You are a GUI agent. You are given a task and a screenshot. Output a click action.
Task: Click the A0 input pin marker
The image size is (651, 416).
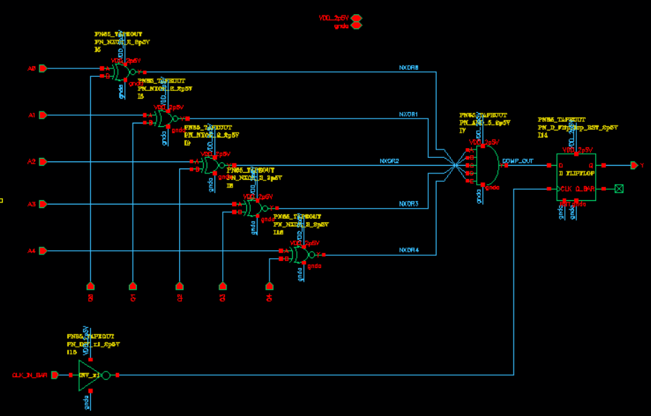(42, 68)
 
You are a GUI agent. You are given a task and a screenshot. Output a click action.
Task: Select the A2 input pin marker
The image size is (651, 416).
(42, 161)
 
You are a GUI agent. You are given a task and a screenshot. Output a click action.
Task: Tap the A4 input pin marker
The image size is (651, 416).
(42, 251)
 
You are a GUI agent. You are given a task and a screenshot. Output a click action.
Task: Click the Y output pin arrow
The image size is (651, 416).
(635, 165)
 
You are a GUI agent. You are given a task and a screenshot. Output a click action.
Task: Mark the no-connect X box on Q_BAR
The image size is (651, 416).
(619, 188)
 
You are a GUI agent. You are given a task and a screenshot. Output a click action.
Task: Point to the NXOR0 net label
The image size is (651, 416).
(408, 68)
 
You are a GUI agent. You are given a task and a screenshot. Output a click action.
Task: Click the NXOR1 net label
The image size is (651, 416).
(408, 114)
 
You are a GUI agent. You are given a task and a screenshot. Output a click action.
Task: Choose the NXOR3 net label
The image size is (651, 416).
(408, 204)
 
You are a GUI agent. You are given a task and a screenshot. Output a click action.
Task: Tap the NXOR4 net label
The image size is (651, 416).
(408, 250)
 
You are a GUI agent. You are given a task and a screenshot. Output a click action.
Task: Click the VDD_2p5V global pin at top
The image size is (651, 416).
(356, 17)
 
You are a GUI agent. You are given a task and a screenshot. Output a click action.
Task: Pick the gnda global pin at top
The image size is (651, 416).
(356, 26)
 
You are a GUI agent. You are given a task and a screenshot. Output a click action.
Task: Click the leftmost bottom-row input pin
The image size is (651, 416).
(90, 286)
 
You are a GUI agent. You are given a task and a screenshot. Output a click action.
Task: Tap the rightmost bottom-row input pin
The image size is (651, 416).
(269, 286)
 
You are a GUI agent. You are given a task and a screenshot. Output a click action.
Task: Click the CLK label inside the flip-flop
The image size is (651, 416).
(566, 188)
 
